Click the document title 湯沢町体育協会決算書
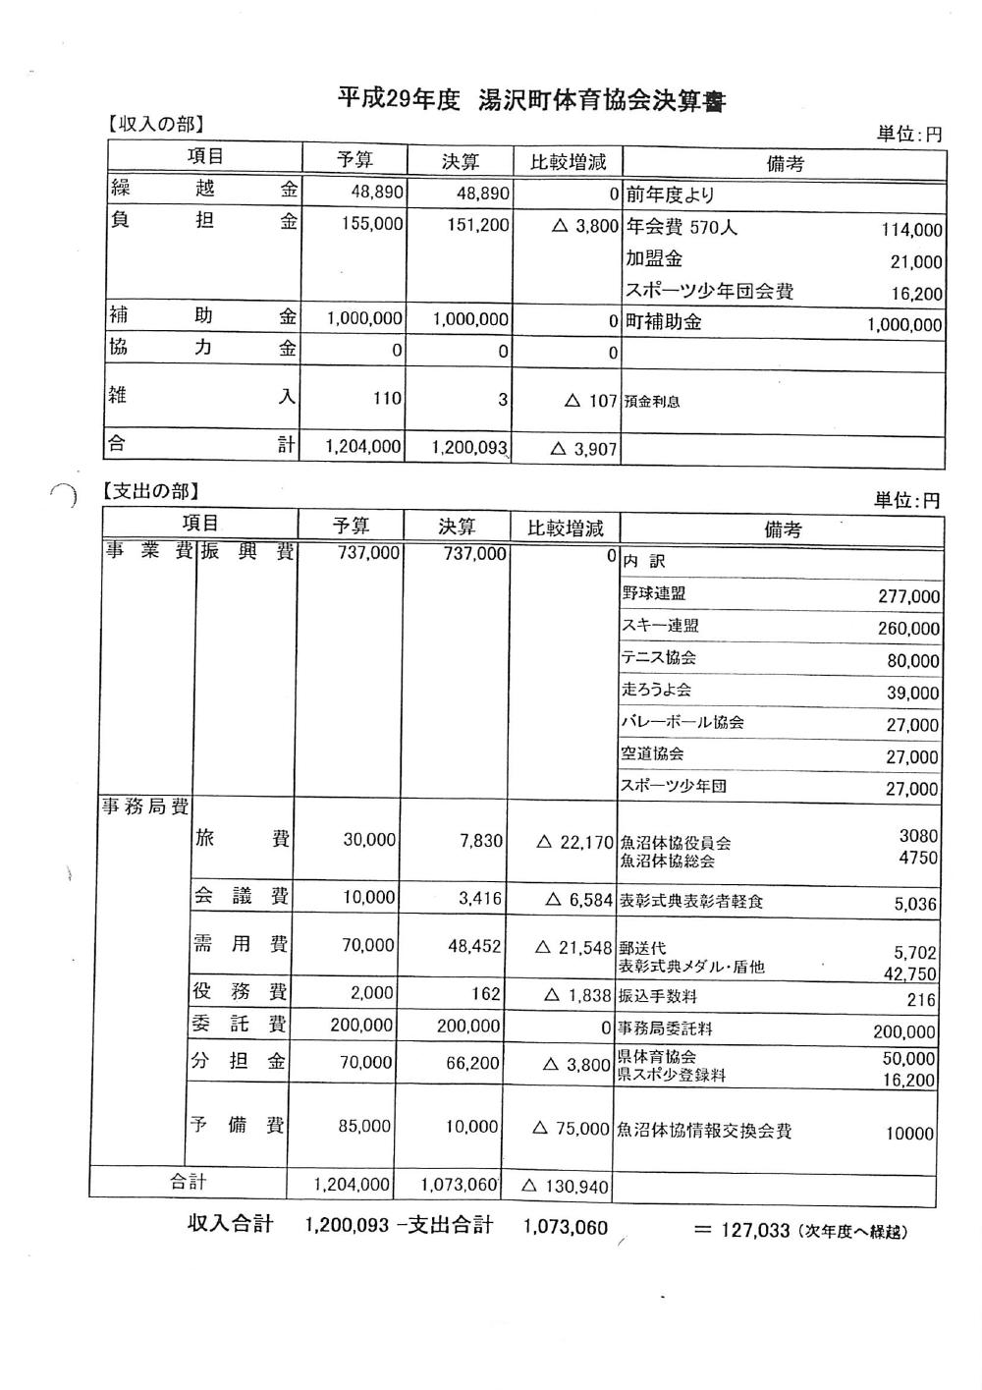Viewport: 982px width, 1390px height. (x=601, y=100)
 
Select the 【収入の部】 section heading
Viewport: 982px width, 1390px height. (x=154, y=125)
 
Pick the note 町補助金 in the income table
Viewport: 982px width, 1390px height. (x=664, y=322)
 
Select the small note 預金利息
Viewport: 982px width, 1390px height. (x=651, y=402)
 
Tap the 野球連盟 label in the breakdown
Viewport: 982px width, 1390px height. (x=653, y=593)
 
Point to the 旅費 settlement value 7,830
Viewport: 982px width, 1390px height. (x=480, y=842)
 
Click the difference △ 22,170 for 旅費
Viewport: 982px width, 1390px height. (x=574, y=843)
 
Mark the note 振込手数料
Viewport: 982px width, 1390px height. (x=657, y=997)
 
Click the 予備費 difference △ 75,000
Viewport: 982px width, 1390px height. (x=571, y=1129)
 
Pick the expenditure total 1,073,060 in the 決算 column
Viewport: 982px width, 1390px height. (x=460, y=1185)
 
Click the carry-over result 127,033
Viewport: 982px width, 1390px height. (x=754, y=1230)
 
